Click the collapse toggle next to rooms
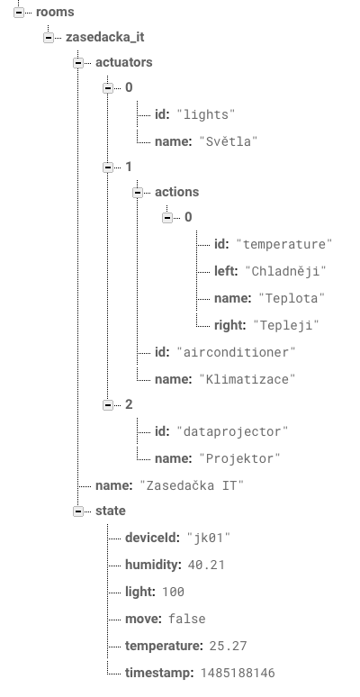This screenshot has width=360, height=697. (x=19, y=13)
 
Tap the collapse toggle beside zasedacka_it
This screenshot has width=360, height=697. (x=49, y=38)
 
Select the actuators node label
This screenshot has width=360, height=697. (x=123, y=62)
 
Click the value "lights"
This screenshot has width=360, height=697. (x=206, y=114)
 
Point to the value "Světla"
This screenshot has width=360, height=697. (x=229, y=141)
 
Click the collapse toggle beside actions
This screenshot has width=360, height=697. (x=138, y=193)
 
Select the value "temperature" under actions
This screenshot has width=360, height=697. (x=284, y=244)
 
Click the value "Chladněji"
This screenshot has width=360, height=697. (x=285, y=271)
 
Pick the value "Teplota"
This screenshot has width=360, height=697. (x=292, y=298)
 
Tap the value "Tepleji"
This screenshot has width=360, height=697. (x=286, y=325)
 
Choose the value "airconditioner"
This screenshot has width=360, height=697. (x=236, y=352)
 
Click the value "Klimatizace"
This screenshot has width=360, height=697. (x=247, y=380)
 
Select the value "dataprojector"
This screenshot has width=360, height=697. (x=232, y=431)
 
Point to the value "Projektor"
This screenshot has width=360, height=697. (x=239, y=458)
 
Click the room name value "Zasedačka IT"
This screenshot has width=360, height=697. (x=192, y=485)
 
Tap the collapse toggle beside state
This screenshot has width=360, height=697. (x=78, y=511)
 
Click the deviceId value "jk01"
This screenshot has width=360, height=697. (x=209, y=538)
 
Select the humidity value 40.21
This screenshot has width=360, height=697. (x=206, y=565)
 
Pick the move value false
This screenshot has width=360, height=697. (x=186, y=619)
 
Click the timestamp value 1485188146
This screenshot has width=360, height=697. (x=238, y=673)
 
